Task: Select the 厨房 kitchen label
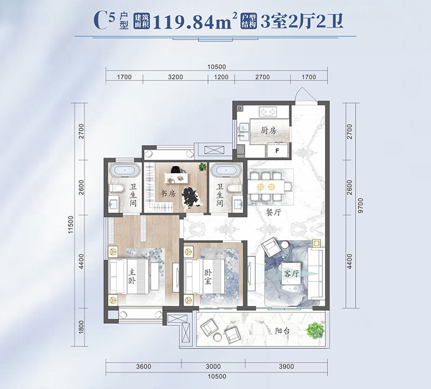pyautogui.click(x=268, y=130)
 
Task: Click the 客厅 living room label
pyautogui.click(x=291, y=274)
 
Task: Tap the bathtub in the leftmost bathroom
pyautogui.click(x=124, y=172)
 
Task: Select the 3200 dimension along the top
pyautogui.click(x=176, y=77)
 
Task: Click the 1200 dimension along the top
pyautogui.click(x=221, y=77)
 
